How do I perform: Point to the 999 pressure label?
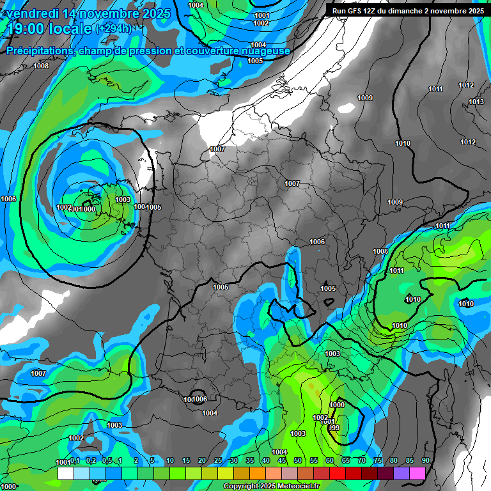click(333, 428)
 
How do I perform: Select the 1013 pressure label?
click(476, 102)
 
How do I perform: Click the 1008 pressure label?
click(41, 66)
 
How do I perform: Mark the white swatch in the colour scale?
click(65, 474)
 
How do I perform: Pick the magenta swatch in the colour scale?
click(417, 474)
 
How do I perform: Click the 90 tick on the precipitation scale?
click(425, 461)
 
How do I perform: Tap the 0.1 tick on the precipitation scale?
click(74, 461)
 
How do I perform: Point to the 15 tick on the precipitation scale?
click(186, 461)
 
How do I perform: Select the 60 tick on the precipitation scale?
click(329, 461)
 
